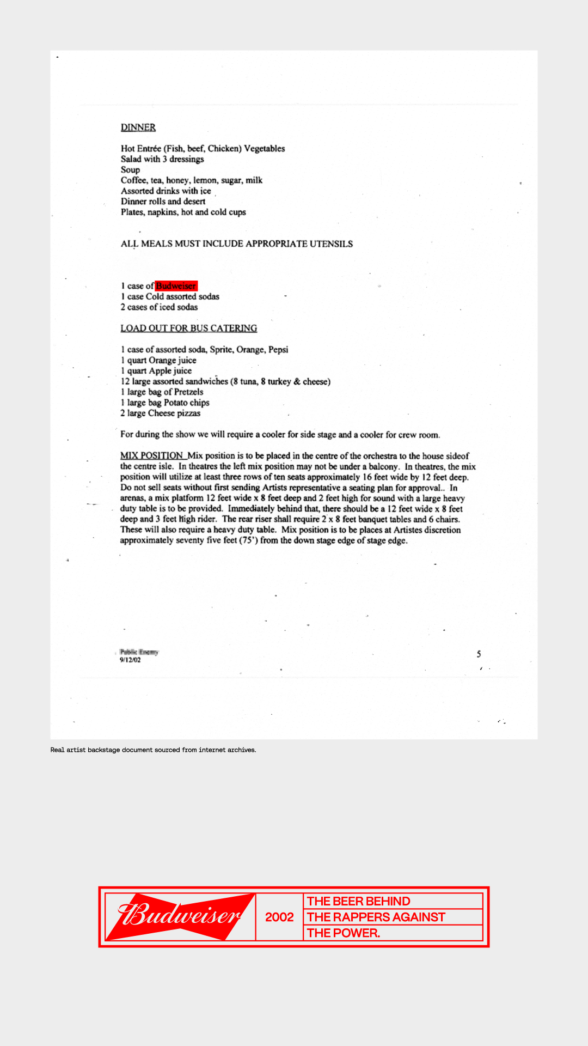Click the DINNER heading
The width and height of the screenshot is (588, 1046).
click(138, 127)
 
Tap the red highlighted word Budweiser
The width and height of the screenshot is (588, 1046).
click(176, 286)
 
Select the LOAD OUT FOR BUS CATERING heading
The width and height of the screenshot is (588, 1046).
click(188, 328)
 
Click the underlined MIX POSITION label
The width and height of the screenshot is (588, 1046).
click(152, 455)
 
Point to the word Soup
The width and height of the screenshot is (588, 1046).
click(130, 169)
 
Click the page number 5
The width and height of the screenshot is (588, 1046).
click(479, 654)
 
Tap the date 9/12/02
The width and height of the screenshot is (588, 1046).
click(130, 660)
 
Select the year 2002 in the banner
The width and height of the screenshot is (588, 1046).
click(279, 917)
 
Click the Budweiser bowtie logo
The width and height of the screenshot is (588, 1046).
click(180, 916)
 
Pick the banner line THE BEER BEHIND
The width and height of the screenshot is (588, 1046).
click(359, 901)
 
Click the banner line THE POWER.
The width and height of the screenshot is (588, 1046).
click(344, 933)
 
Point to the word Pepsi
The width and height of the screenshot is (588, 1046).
click(278, 349)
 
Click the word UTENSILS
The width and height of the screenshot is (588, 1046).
click(331, 244)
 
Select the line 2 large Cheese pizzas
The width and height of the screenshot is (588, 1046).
click(161, 413)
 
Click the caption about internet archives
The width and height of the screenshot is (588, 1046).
click(153, 750)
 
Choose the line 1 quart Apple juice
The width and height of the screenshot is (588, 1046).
click(156, 370)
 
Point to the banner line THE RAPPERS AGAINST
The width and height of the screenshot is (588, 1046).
click(376, 917)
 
